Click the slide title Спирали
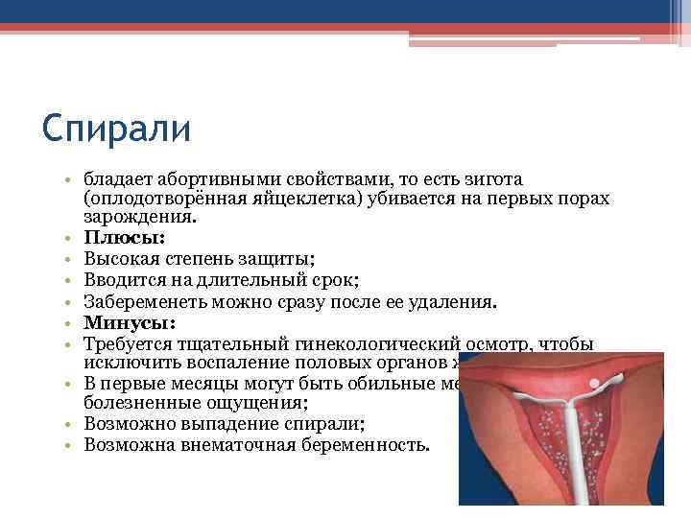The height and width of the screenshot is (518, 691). (x=117, y=129)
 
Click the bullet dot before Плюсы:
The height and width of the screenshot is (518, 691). (x=70, y=238)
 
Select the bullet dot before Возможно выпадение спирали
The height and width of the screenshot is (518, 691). (x=70, y=423)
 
